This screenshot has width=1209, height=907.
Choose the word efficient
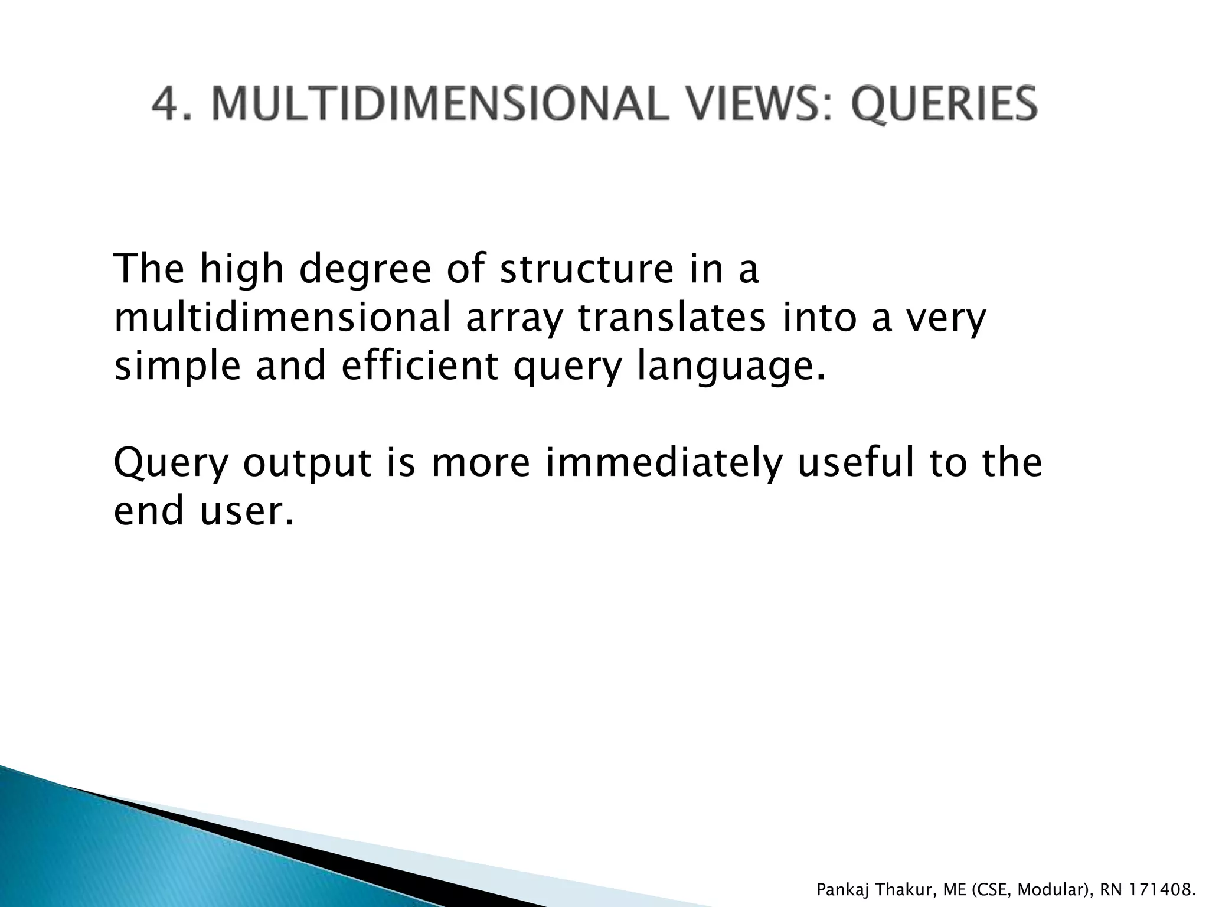pyautogui.click(x=420, y=366)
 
